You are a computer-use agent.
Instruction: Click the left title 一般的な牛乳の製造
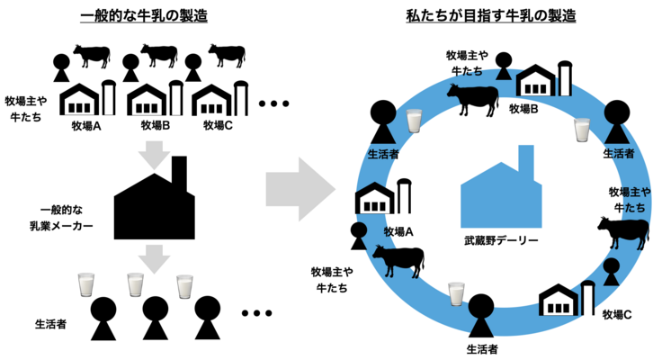tap(144, 14)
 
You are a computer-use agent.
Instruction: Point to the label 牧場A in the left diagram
tap(85, 125)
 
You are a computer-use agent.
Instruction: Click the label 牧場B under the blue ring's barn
tap(523, 109)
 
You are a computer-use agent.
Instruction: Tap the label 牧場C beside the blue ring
tap(616, 314)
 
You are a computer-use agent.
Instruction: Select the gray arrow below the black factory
tap(155, 259)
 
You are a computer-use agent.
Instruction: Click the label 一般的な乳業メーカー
tap(59, 212)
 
